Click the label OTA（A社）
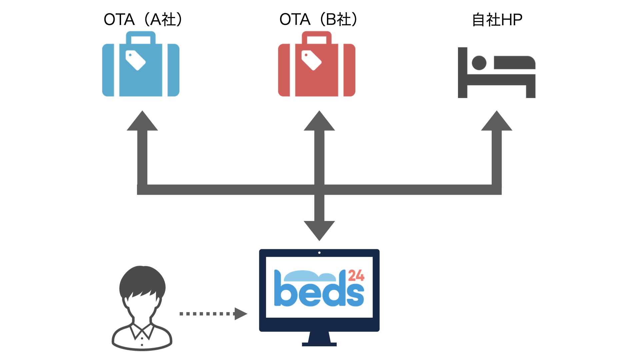point(143,19)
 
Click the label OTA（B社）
point(319,19)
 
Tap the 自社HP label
point(497,20)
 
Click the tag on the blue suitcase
point(135,60)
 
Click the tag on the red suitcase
point(311,60)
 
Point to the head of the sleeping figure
point(479,63)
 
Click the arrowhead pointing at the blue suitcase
point(142,122)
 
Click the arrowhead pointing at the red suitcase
point(319,122)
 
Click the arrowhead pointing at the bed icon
point(497,122)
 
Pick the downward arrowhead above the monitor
point(319,230)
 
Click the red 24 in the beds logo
point(356,275)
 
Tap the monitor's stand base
point(319,344)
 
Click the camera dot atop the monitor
point(319,253)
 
